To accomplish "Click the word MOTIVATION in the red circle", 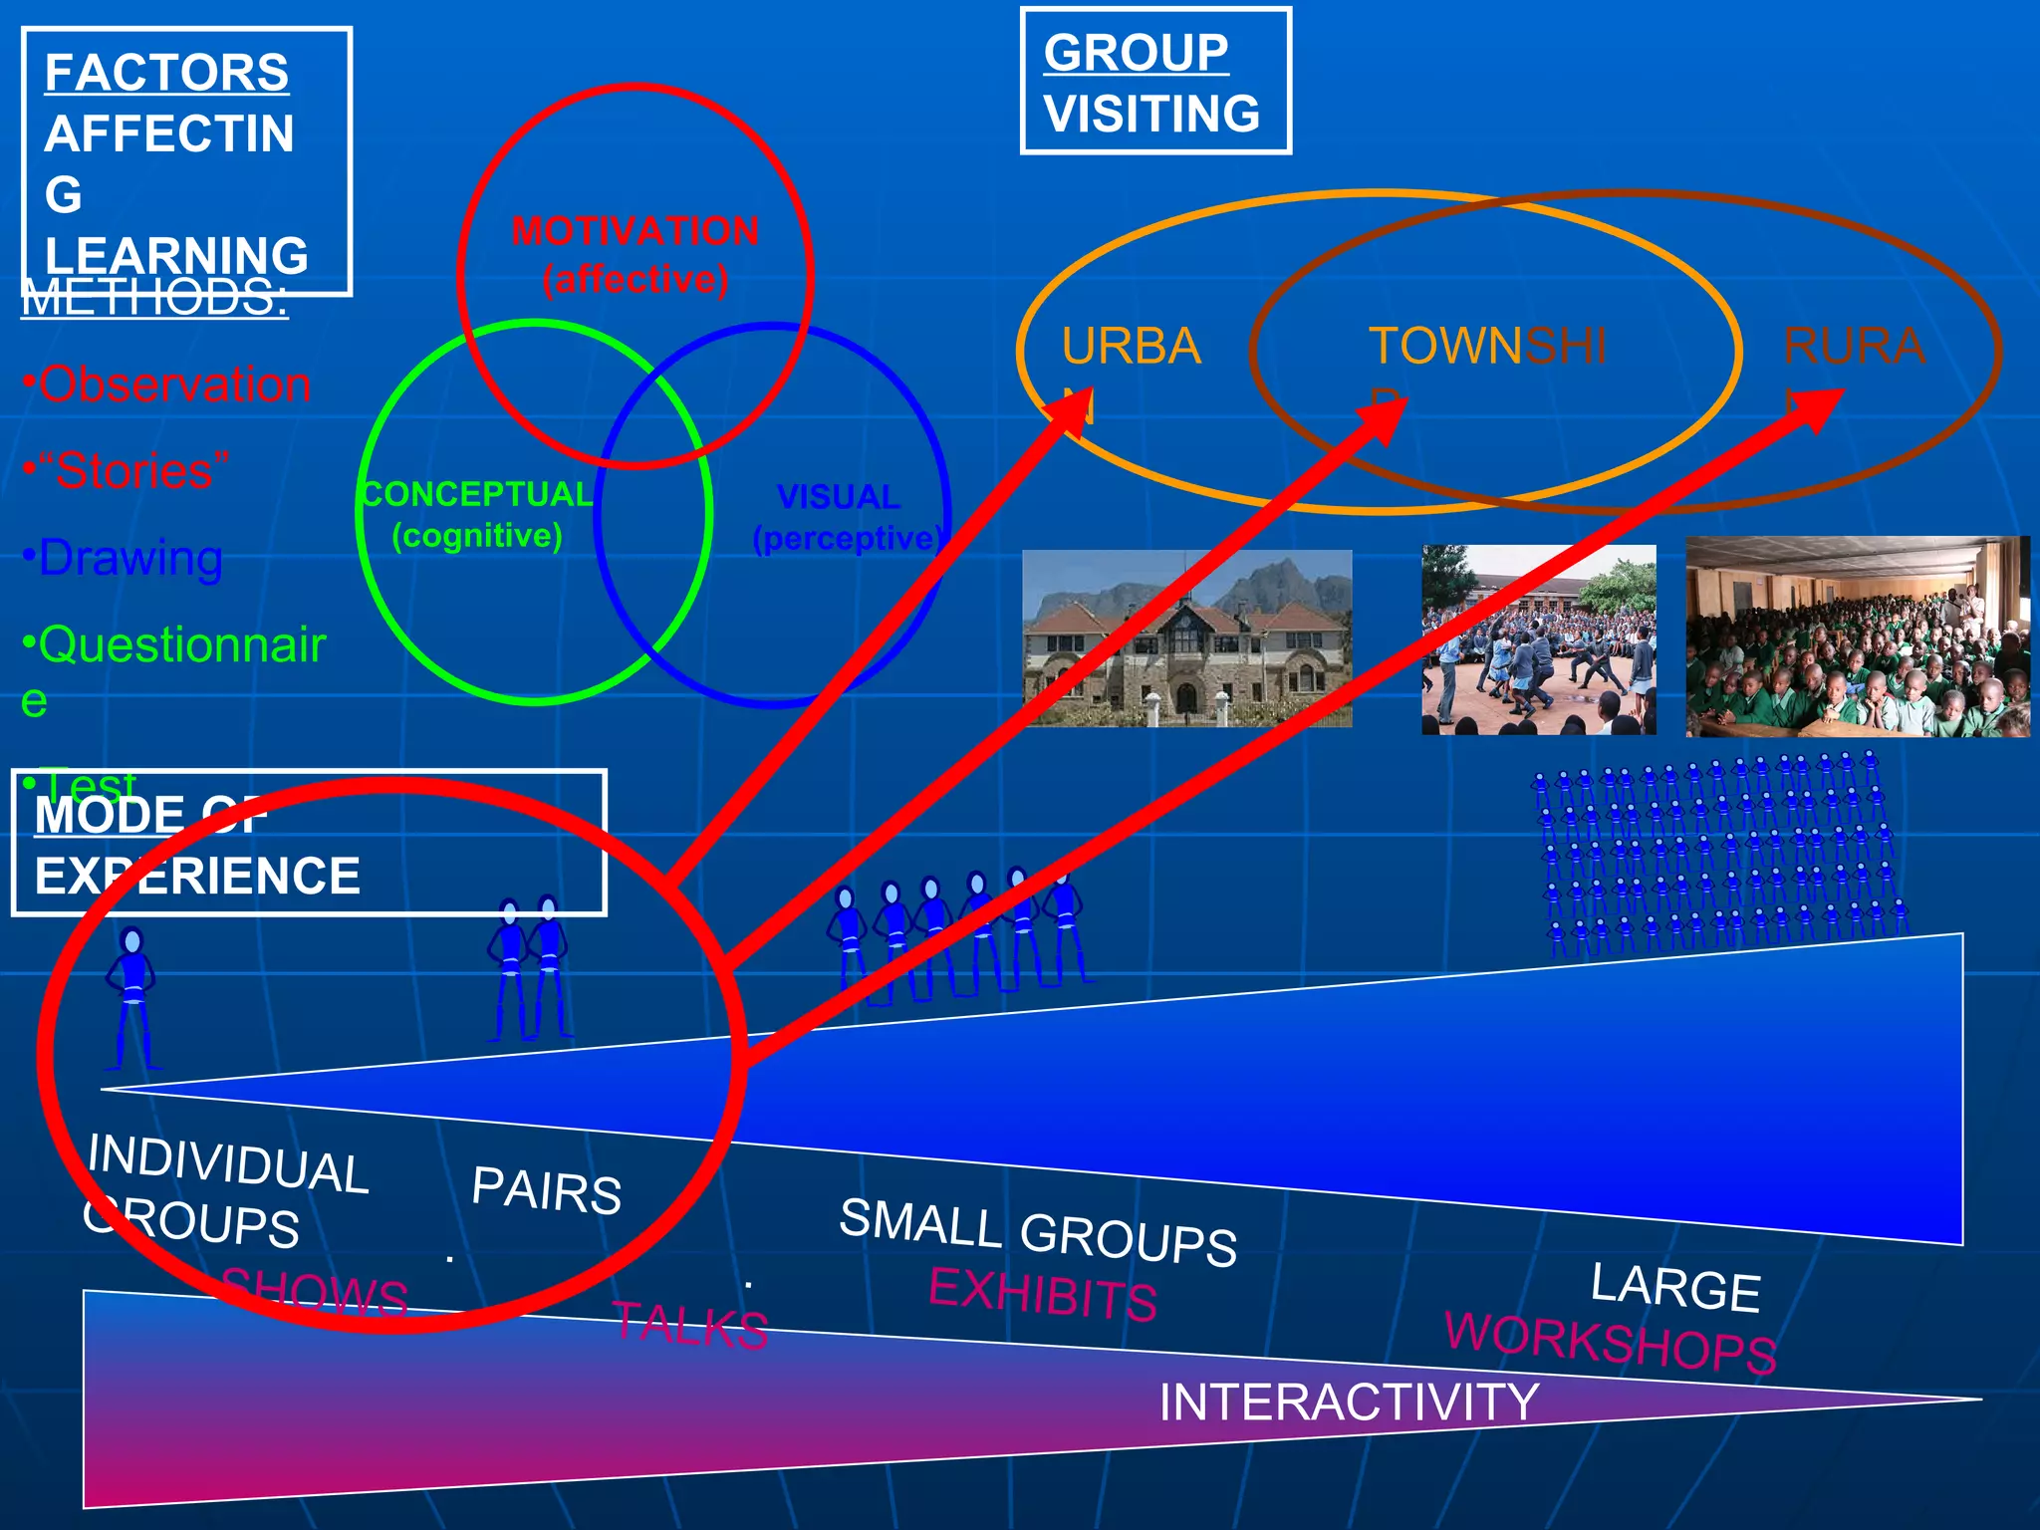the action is pos(635,231).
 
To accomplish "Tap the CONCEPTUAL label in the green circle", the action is pos(476,494).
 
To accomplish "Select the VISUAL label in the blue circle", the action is pos(838,497).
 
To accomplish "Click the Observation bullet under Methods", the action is pos(167,384).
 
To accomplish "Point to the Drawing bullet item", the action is pos(123,558).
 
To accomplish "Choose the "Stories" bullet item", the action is pos(127,470).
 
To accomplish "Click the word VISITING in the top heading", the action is pos(1151,114).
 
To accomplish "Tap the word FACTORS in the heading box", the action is pos(166,73).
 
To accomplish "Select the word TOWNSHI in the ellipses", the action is pos(1486,347).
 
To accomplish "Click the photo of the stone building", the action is pos(1186,638).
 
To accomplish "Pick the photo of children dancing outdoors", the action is pos(1538,639).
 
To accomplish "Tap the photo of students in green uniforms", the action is pos(1857,637).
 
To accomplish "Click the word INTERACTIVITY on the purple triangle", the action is pos(1349,1402).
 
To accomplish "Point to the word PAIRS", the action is pos(546,1189).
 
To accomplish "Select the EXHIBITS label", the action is pos(1042,1293).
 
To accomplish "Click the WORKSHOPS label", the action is pos(1610,1341).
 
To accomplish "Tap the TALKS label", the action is pos(689,1326).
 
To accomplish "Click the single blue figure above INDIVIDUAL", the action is pos(131,996).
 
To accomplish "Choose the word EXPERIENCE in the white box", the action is pos(197,877).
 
